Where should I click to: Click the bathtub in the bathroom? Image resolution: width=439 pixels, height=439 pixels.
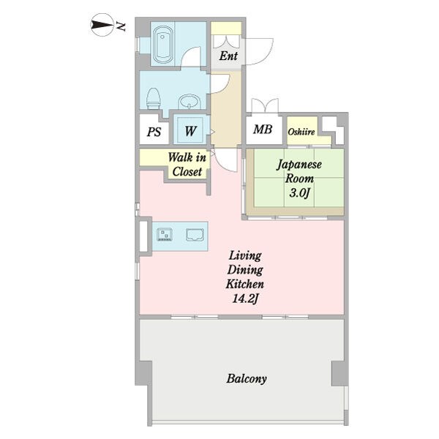coord(162,45)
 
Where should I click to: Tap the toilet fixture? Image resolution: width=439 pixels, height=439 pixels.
coord(154,98)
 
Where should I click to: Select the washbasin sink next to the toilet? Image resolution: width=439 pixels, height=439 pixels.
coord(190,102)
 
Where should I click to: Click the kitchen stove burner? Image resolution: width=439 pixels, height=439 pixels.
coord(165,235)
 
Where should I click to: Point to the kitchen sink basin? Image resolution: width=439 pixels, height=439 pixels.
coord(195,235)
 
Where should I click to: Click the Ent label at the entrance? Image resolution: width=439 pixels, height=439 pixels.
coord(228,56)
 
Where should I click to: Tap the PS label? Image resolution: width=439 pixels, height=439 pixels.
coord(154,132)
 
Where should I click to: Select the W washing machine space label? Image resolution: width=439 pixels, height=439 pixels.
coord(190,131)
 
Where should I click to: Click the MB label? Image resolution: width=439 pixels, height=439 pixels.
coord(263,129)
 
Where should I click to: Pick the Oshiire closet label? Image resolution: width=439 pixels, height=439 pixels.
coord(301,132)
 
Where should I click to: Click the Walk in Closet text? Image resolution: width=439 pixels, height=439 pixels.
coord(187,165)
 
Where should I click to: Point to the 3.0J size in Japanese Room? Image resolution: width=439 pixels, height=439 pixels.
coord(299,193)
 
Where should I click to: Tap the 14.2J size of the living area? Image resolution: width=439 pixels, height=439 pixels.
coord(245,299)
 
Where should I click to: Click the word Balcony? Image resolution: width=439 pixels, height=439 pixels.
coord(247,379)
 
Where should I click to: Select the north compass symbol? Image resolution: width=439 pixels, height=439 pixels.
coord(102,25)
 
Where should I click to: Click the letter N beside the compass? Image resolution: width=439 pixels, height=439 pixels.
coord(121,26)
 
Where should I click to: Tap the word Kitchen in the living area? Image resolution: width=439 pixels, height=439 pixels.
coord(245,284)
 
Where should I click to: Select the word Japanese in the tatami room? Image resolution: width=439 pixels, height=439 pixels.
coord(299,165)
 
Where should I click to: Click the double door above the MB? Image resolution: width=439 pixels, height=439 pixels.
coord(265,105)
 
